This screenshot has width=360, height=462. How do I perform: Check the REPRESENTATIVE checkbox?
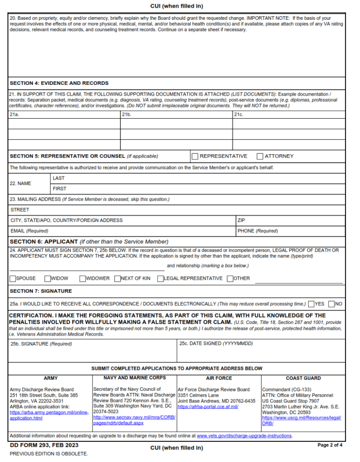(195, 156)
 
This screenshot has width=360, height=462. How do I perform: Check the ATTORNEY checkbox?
(260, 156)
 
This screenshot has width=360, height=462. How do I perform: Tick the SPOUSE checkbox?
(13, 278)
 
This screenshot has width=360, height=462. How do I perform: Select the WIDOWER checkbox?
(83, 278)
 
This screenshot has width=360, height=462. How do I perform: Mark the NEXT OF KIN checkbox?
(117, 278)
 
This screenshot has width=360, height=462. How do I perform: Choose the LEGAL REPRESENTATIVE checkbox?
(160, 278)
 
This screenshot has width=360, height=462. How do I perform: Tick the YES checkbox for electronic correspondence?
(311, 304)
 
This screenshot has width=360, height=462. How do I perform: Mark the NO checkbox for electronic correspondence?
(332, 304)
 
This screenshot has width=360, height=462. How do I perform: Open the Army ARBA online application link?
(49, 415)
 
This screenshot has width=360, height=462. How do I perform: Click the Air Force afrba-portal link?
(208, 407)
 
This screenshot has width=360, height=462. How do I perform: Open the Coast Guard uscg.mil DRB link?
(301, 420)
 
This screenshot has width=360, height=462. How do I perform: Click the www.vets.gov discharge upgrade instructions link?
(244, 436)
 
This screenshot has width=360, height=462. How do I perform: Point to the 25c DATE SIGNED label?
(216, 344)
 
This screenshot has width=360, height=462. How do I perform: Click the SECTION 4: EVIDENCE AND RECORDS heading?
(59, 83)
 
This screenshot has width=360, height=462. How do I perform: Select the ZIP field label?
(241, 220)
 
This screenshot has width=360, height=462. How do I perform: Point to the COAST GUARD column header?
(303, 378)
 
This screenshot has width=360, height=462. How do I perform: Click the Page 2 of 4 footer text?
(330, 445)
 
